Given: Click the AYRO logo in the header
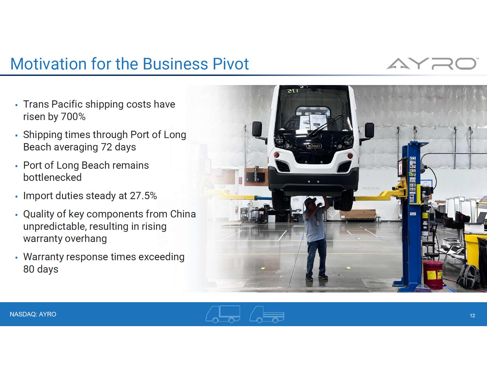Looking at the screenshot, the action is (431, 64).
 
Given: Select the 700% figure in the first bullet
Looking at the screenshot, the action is (73, 117).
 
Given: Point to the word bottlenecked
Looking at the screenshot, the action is (52, 178).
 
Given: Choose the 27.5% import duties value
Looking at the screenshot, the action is (144, 196).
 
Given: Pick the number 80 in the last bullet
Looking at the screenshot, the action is (29, 269).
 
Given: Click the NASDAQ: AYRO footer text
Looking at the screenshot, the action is (33, 314).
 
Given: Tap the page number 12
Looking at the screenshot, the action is (472, 316).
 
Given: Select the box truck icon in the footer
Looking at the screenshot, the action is (223, 314).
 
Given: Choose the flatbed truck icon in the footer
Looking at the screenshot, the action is (267, 314).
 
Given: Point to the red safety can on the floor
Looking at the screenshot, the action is (433, 275).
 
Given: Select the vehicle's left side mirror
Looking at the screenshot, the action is (257, 129).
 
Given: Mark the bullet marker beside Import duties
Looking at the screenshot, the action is (16, 196).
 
